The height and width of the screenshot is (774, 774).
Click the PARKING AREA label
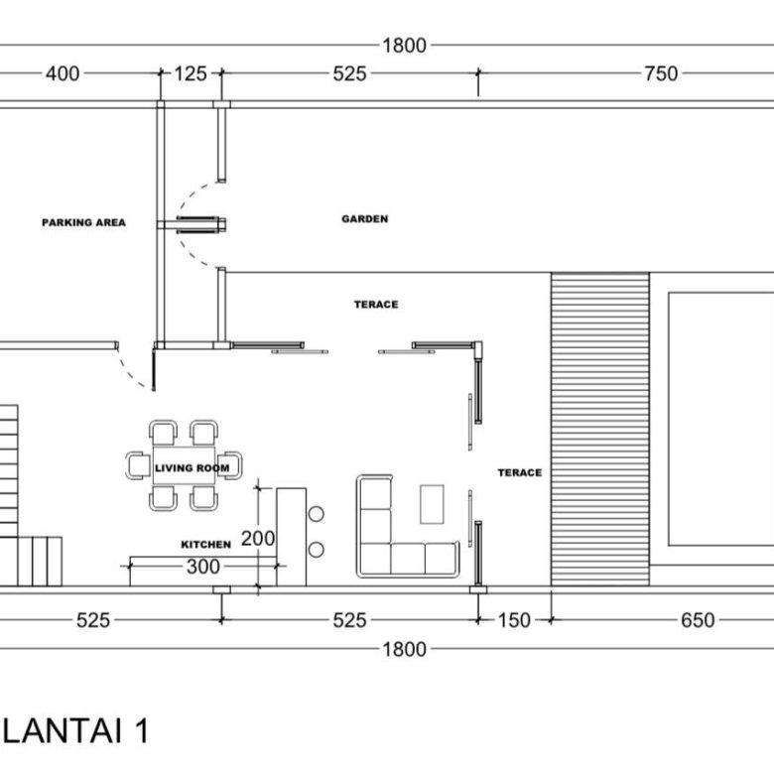[x=83, y=222]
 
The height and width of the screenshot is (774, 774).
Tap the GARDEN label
[x=365, y=218]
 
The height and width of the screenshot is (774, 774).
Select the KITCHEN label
[x=205, y=545]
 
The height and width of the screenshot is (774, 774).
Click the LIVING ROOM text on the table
[x=193, y=468]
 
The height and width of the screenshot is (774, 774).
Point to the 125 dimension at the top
[x=191, y=74]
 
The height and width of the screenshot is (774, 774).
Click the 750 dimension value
[x=661, y=74]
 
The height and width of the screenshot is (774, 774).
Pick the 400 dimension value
[x=63, y=74]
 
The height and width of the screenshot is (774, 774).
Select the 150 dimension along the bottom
[x=514, y=620]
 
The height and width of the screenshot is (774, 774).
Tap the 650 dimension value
[x=698, y=620]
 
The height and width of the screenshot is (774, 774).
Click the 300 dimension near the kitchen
[x=202, y=567]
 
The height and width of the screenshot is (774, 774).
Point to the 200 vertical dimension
[x=258, y=538]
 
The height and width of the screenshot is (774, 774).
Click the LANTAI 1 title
[x=75, y=731]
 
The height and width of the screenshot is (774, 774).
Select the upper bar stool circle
[x=316, y=514]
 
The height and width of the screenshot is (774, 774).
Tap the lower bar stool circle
[x=316, y=550]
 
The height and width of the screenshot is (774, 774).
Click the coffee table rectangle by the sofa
[x=432, y=504]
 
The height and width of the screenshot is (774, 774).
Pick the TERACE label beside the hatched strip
[x=520, y=473]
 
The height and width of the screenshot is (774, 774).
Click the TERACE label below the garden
[x=376, y=305]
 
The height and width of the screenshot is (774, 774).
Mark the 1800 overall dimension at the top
[x=404, y=46]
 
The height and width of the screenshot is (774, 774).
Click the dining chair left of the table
[x=138, y=465]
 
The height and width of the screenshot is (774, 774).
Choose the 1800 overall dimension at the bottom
[x=404, y=650]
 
